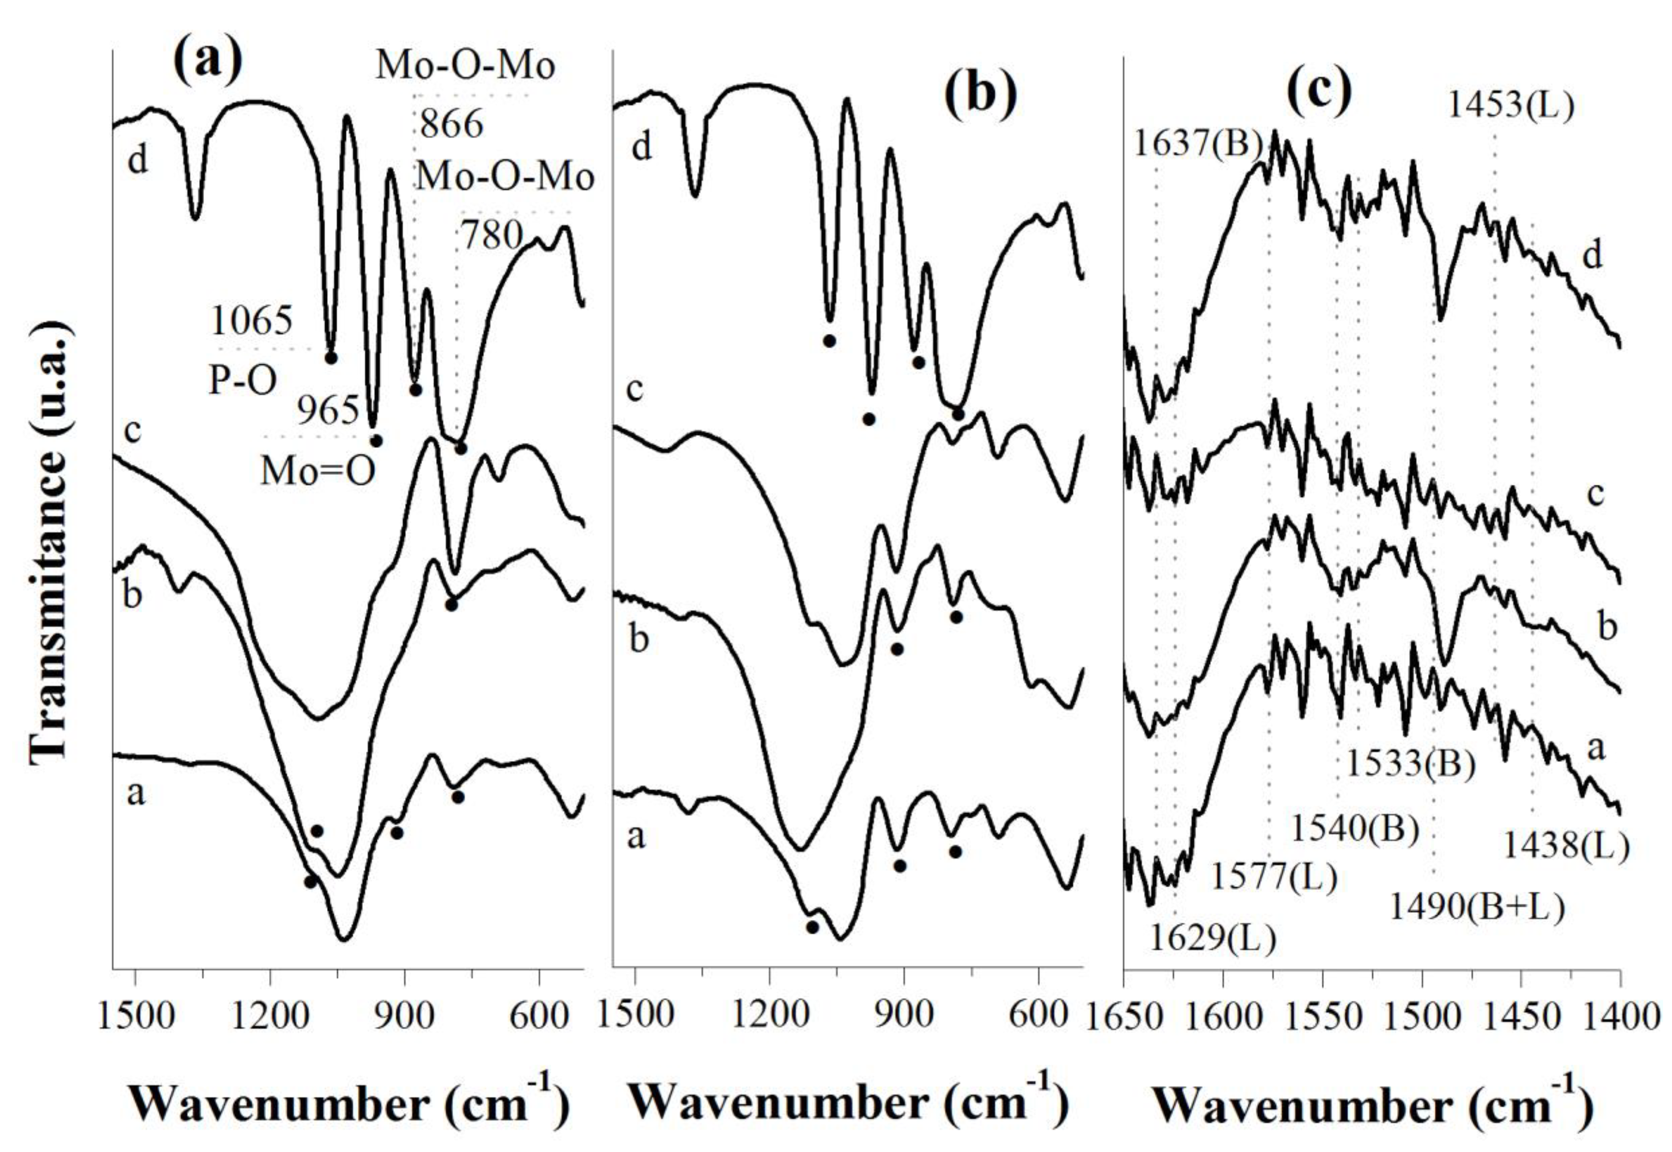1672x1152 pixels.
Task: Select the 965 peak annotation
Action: point(328,412)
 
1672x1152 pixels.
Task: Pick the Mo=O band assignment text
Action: point(318,473)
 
